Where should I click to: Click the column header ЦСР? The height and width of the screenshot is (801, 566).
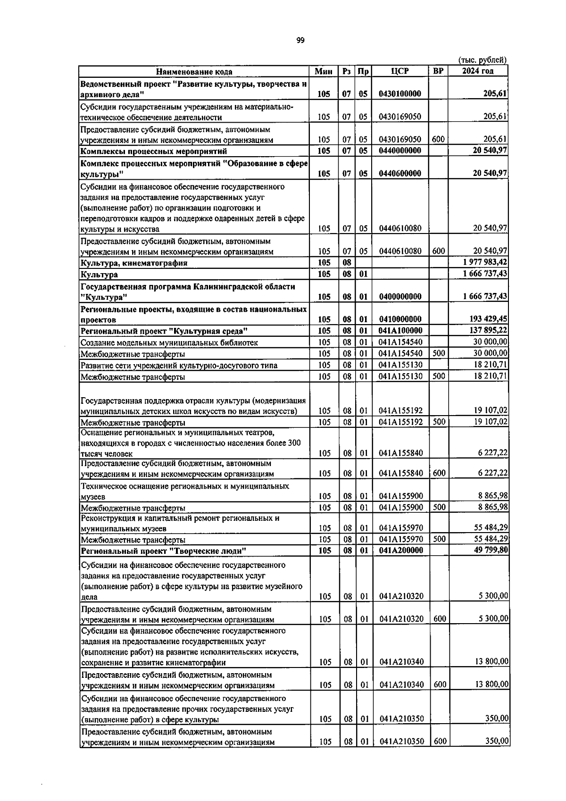(400, 71)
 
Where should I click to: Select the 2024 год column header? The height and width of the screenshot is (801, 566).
(477, 71)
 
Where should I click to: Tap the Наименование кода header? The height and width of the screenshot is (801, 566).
(194, 72)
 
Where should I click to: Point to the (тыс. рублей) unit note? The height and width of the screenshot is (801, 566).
(482, 60)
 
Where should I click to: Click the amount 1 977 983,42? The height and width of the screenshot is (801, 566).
(481, 263)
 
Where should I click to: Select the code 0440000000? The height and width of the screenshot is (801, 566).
(400, 151)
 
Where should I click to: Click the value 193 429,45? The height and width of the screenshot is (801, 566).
(484, 319)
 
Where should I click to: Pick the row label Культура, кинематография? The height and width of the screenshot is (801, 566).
(134, 263)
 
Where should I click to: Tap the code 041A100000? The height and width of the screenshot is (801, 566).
(400, 331)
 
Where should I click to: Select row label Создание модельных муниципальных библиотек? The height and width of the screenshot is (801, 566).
(169, 342)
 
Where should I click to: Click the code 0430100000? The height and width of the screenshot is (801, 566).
(400, 94)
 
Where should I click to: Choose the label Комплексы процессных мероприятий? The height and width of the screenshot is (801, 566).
(154, 151)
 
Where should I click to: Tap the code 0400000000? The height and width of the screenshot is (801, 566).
(400, 297)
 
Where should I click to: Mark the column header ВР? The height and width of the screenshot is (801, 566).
(438, 71)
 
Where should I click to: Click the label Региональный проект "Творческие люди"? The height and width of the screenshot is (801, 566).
(164, 551)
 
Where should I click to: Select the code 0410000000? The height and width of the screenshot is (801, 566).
(400, 319)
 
